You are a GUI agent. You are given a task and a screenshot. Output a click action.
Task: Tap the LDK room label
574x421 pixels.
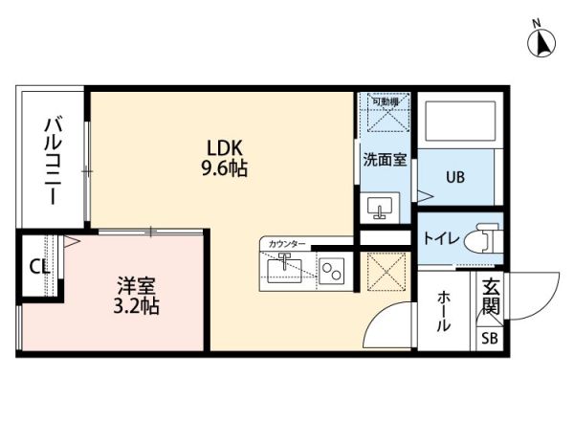[x=226, y=148]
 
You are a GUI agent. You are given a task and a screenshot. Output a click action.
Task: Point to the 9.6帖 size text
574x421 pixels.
[x=226, y=169]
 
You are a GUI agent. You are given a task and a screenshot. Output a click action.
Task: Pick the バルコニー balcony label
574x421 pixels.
[x=54, y=157]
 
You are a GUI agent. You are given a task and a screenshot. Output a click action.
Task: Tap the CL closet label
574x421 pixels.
[x=39, y=267]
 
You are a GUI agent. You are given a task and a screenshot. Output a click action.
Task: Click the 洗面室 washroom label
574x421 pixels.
[x=385, y=161]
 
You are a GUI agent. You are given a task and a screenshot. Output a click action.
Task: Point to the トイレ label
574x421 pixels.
[x=441, y=237]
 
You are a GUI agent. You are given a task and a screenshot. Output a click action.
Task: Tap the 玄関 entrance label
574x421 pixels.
[x=491, y=296]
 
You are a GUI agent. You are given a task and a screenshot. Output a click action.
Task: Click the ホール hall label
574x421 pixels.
[x=444, y=313]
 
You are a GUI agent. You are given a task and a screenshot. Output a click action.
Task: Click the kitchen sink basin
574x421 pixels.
[x=287, y=271]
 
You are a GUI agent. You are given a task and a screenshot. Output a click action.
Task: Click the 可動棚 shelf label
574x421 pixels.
[x=385, y=100]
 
